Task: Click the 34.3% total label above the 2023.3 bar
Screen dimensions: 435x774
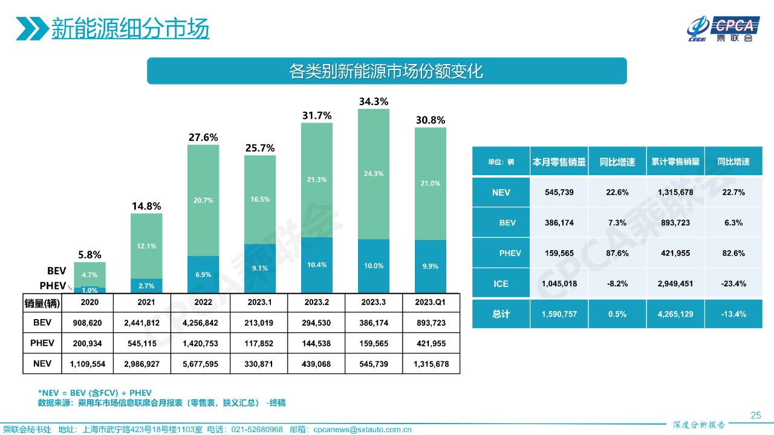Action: tap(373, 101)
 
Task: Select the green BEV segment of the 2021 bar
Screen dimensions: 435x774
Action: tap(146, 246)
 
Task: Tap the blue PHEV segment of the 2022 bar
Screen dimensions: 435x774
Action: tap(203, 274)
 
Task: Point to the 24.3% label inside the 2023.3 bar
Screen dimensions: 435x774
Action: tap(373, 173)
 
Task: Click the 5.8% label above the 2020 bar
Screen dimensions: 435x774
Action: tap(89, 255)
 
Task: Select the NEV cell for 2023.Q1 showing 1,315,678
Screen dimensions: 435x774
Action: tap(430, 364)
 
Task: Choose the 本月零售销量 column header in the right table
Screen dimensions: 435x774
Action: tap(559, 162)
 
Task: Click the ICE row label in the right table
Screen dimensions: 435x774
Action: tap(501, 283)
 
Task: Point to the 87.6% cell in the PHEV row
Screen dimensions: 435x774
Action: tap(617, 253)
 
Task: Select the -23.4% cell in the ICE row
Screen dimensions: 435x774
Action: tap(733, 283)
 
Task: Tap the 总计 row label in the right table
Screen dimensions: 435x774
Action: tap(501, 314)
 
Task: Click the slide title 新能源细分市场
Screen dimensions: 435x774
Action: tap(130, 28)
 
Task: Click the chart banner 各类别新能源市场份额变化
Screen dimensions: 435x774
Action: tap(386, 71)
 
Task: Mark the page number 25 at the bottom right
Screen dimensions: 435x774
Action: tap(755, 415)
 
